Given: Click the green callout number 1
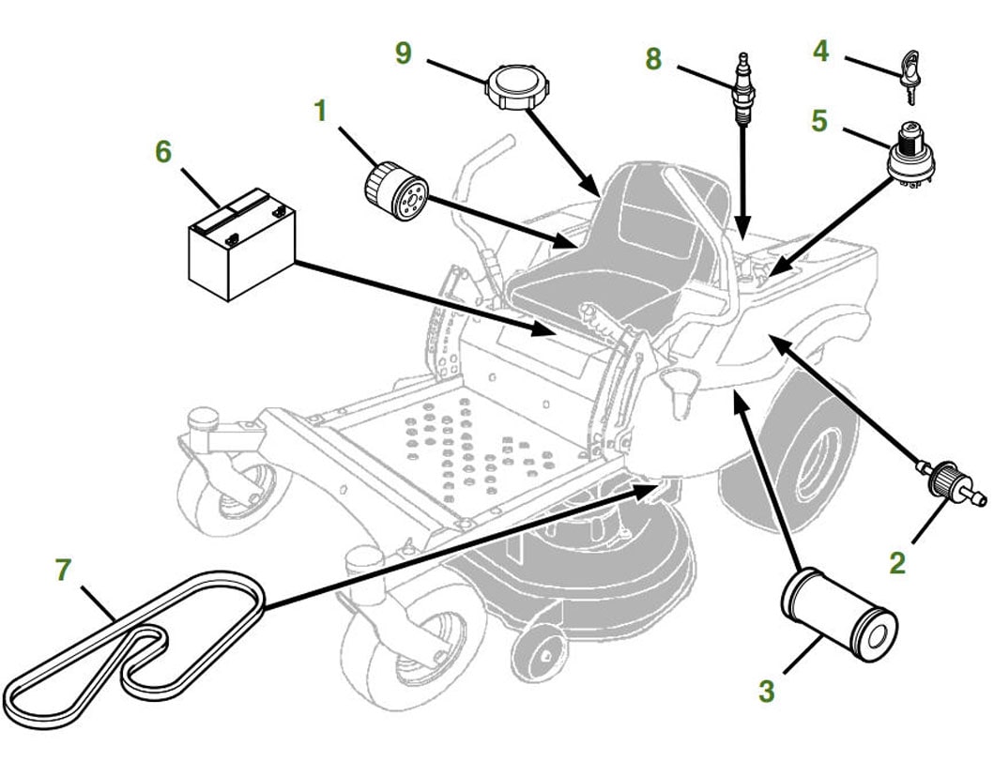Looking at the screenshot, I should pos(320,111).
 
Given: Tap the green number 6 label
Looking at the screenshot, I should pos(164,151).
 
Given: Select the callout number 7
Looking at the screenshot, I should pos(63,569).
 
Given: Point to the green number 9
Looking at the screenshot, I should pos(403,53).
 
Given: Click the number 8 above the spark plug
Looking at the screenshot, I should pos(653,59).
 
